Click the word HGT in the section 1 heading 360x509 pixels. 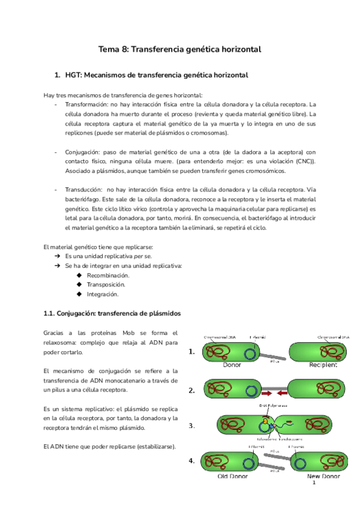point(74,76)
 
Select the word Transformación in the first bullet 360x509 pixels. point(87,104)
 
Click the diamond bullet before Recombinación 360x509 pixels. point(79,275)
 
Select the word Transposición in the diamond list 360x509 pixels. point(106,285)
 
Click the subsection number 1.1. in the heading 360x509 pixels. point(52,313)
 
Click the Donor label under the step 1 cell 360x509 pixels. point(232,365)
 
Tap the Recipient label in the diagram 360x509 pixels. point(323,365)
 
